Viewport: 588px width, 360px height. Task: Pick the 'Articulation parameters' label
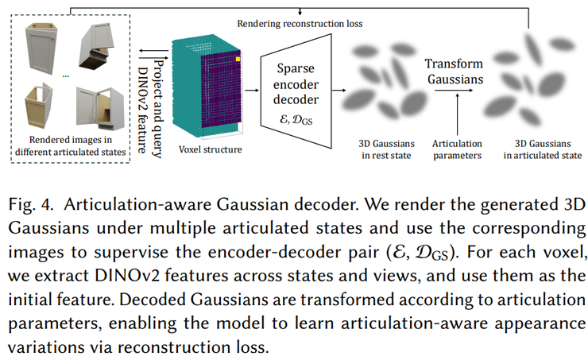point(456,149)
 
